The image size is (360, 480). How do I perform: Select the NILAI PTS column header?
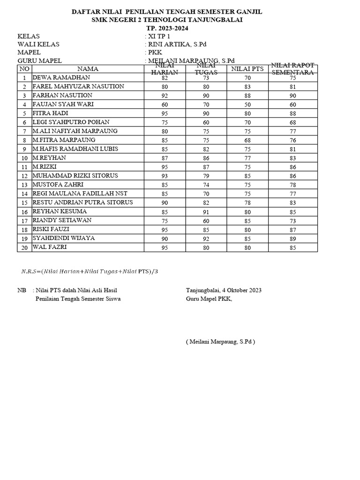pyautogui.click(x=247, y=69)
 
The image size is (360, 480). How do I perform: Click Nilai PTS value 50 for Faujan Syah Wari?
pyautogui.click(x=247, y=105)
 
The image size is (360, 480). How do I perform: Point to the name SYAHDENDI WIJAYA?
pyautogui.click(x=63, y=238)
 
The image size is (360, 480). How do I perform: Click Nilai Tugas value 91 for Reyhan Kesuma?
pyautogui.click(x=206, y=211)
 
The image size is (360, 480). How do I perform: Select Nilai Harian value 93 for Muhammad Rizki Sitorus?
pyautogui.click(x=165, y=176)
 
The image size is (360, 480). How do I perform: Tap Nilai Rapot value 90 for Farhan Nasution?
pyautogui.click(x=292, y=96)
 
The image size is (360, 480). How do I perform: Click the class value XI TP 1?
pyautogui.click(x=159, y=36)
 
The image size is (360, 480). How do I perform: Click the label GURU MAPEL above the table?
pyautogui.click(x=39, y=60)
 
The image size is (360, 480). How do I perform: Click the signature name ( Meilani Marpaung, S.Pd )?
pyautogui.click(x=220, y=342)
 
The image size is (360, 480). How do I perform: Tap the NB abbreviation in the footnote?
pyautogui.click(x=22, y=290)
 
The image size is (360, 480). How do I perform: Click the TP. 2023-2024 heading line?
pyautogui.click(x=166, y=28)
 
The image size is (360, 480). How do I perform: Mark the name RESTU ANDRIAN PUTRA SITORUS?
pyautogui.click(x=82, y=202)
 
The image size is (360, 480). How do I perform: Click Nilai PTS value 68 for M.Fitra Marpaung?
pyautogui.click(x=247, y=140)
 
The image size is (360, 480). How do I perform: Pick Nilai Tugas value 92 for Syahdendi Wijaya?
pyautogui.click(x=206, y=238)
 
